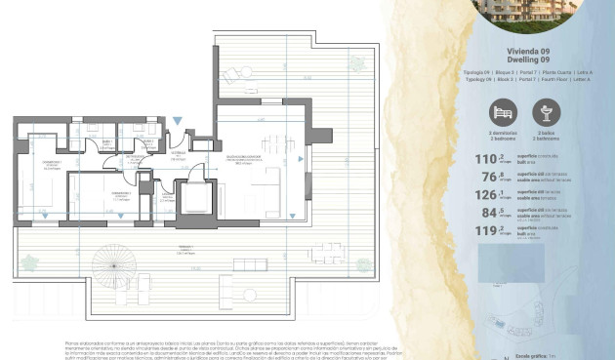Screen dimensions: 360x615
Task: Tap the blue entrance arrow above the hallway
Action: (176, 120)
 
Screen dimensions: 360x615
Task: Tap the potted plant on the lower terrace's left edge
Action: (28, 261)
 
